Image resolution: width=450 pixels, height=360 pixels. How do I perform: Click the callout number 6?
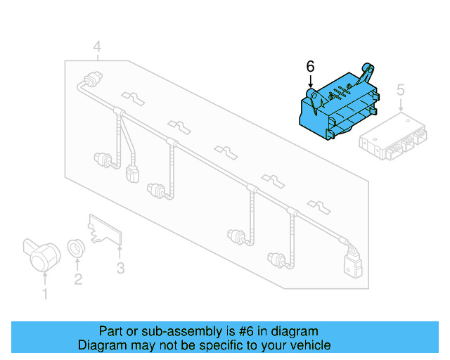click(x=310, y=67)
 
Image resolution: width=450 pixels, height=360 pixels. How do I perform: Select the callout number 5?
click(x=401, y=90)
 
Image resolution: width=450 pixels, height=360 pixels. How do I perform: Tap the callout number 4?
click(x=97, y=47)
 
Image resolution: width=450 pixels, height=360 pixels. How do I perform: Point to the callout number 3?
click(x=120, y=268)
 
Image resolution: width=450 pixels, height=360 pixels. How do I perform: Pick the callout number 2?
click(x=78, y=279)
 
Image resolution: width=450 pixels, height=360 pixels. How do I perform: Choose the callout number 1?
click(x=45, y=293)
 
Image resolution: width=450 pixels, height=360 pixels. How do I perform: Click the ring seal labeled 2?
click(x=76, y=248)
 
